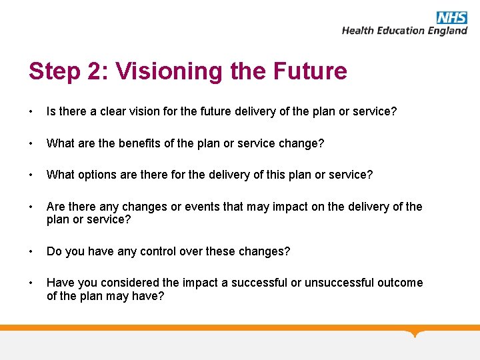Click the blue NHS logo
451,17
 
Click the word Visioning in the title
160,71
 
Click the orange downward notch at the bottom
416,333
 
